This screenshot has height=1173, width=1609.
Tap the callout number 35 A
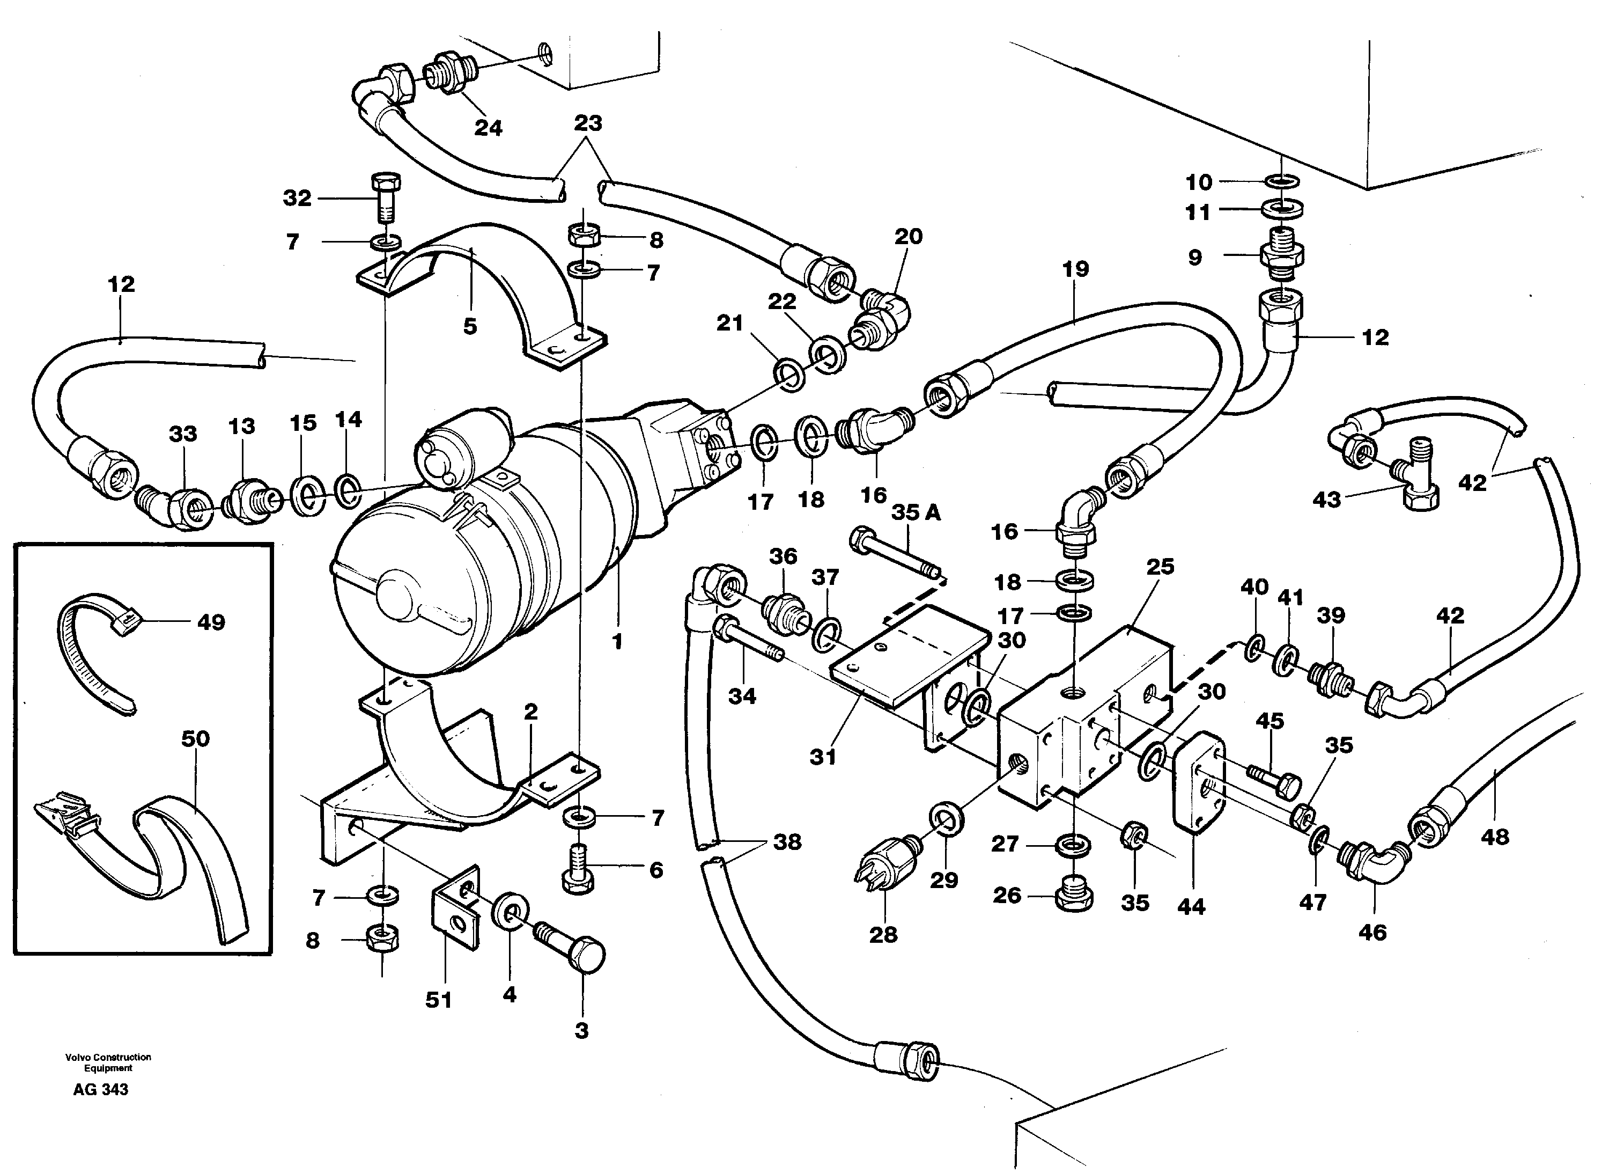[916, 512]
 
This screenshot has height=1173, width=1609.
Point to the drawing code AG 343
[101, 1090]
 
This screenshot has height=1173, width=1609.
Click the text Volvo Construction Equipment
[108, 1062]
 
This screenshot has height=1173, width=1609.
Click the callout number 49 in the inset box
[211, 622]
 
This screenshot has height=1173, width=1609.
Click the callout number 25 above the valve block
[1160, 567]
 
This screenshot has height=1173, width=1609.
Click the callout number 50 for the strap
[195, 739]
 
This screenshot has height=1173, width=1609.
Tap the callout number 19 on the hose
[1075, 269]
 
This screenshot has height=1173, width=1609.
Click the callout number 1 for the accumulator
[617, 641]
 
